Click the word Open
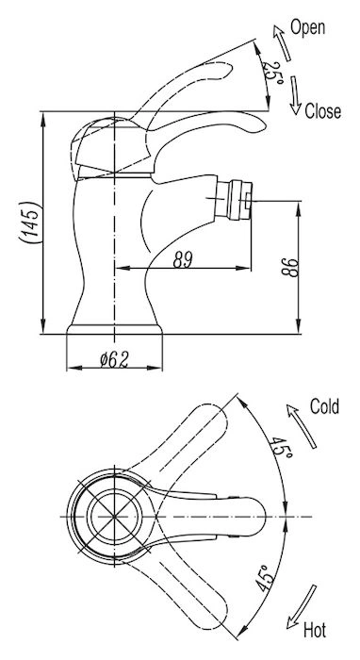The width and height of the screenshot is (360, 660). [307, 28]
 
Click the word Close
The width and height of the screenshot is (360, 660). [322, 111]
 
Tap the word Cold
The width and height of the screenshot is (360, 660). [324, 406]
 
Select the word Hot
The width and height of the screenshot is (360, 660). [315, 631]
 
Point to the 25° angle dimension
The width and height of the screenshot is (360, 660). [272, 72]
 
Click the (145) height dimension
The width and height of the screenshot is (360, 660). [31, 223]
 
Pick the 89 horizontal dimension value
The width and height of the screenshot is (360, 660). [183, 259]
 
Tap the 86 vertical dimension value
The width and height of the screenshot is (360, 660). [289, 267]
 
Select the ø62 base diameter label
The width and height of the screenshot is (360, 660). [113, 360]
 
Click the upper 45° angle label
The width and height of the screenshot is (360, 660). [281, 448]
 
